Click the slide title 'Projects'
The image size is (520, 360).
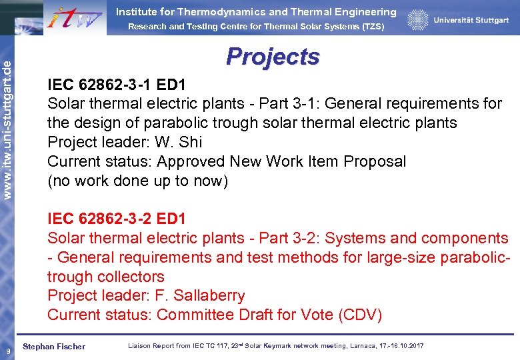(273, 57)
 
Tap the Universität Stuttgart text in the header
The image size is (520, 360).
(471, 21)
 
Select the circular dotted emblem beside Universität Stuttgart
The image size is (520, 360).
(418, 20)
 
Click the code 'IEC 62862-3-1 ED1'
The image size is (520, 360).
(117, 85)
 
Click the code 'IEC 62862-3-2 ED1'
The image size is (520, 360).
(117, 219)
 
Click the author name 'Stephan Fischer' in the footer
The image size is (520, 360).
(54, 347)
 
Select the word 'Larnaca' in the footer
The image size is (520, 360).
(365, 346)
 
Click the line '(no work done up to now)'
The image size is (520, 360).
(138, 181)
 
